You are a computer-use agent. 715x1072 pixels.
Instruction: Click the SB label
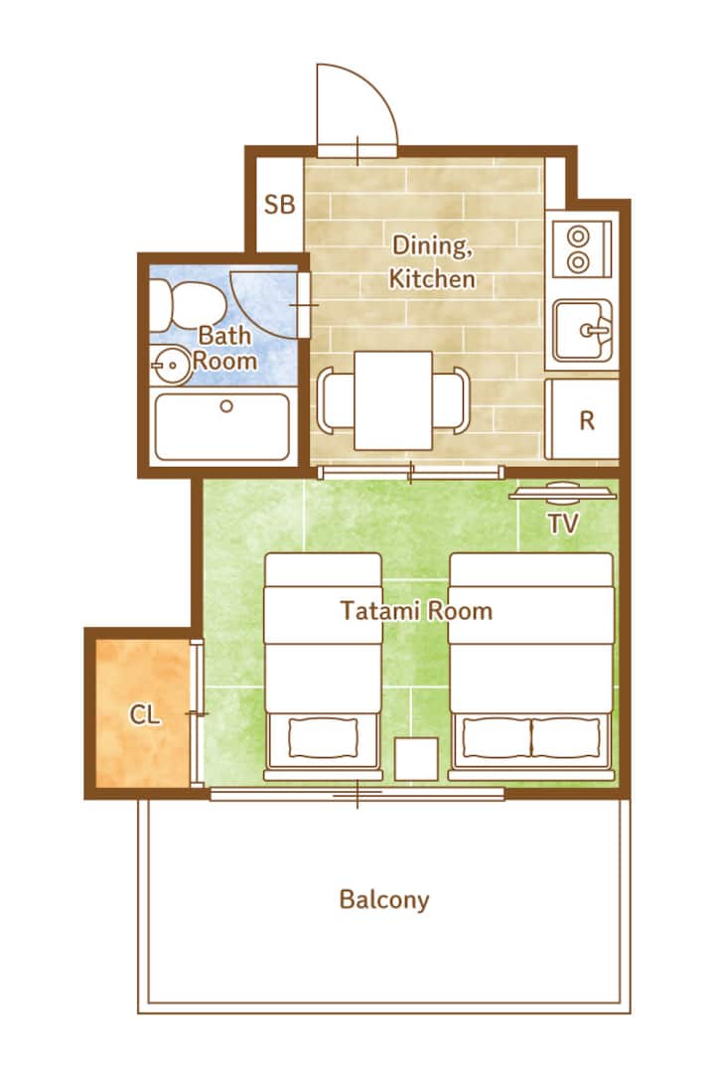(280, 204)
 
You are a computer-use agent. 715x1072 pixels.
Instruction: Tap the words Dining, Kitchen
(432, 262)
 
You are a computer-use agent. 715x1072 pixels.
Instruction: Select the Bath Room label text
(224, 348)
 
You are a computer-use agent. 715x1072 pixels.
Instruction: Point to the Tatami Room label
(416, 610)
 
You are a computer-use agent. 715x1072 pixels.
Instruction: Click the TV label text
(563, 524)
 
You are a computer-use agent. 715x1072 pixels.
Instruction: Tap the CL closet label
(145, 715)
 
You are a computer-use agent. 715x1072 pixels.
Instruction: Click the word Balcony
(384, 900)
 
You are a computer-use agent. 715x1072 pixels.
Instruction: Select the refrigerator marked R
(583, 419)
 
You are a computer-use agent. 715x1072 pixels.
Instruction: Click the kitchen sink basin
(583, 330)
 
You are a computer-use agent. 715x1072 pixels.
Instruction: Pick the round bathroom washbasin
(171, 365)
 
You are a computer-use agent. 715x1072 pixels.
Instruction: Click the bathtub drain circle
(226, 406)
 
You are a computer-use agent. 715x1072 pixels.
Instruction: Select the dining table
(393, 400)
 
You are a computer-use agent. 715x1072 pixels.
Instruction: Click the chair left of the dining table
(335, 400)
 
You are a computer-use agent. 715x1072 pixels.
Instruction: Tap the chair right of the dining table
(452, 400)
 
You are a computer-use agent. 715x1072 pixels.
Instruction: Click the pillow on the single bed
(324, 738)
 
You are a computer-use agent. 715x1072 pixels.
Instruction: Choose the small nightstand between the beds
(416, 759)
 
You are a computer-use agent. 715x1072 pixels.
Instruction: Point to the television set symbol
(563, 492)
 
